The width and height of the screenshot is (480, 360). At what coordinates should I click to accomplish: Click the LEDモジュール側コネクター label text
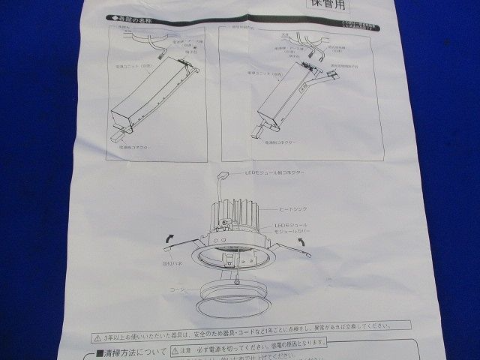pyautogui.click(x=274, y=172)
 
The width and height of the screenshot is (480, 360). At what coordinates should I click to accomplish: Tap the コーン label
pyautogui.click(x=177, y=286)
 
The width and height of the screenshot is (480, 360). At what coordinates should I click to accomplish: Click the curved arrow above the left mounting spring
pyautogui.click(x=170, y=239)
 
